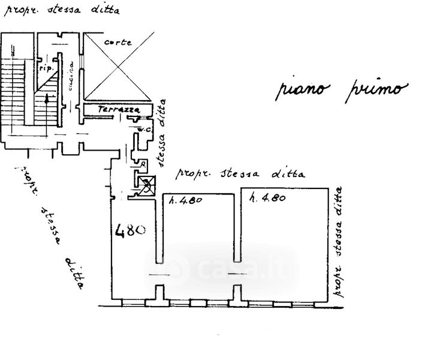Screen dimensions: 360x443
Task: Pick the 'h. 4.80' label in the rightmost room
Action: [267, 197]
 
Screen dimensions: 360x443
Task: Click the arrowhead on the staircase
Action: [47, 96]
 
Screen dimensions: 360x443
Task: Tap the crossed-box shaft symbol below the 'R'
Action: [146, 184]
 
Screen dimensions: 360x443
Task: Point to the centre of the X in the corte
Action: [116, 66]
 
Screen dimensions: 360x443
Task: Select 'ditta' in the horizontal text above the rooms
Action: [288, 174]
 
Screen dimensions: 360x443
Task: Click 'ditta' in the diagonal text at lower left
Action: [73, 273]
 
